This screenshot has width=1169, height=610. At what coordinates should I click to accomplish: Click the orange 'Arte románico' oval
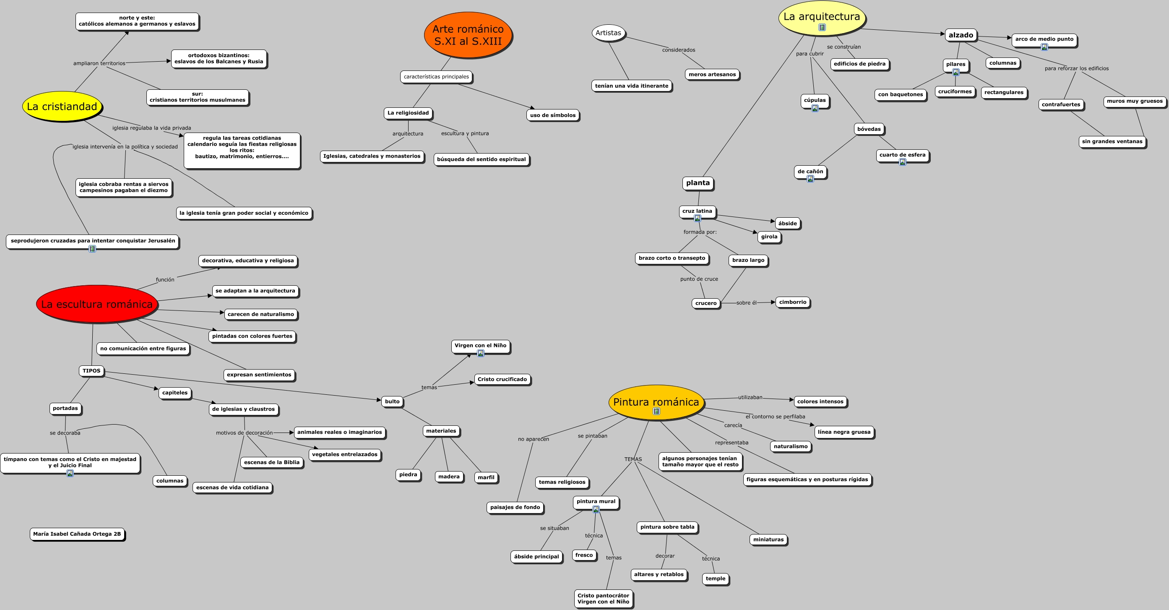pyautogui.click(x=468, y=35)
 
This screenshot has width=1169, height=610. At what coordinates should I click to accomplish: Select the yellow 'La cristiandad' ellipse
pyautogui.click(x=62, y=106)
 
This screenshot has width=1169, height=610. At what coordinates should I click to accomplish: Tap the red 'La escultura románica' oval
pyautogui.click(x=96, y=304)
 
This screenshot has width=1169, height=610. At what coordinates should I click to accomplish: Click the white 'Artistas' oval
pyautogui.click(x=608, y=33)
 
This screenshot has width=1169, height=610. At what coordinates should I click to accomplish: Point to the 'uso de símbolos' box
pyautogui.click(x=552, y=115)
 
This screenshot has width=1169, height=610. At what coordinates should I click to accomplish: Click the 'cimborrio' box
pyautogui.click(x=792, y=302)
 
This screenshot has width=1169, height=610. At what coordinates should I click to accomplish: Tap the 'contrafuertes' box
pyautogui.click(x=1060, y=104)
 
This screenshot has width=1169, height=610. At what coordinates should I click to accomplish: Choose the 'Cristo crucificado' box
pyautogui.click(x=502, y=379)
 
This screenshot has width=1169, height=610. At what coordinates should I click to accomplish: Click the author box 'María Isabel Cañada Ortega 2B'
pyautogui.click(x=77, y=534)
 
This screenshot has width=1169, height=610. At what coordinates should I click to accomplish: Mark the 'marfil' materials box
pyautogui.click(x=486, y=477)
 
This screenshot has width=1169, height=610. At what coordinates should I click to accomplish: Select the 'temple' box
pyautogui.click(x=715, y=579)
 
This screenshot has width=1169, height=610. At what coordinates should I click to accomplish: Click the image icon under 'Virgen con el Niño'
pyautogui.click(x=481, y=354)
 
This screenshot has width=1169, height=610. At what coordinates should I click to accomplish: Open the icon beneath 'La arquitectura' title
pyautogui.click(x=822, y=27)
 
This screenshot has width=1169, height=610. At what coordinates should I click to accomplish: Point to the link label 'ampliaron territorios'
pyautogui.click(x=99, y=63)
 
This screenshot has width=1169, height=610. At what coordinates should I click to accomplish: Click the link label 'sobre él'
pyautogui.click(x=746, y=303)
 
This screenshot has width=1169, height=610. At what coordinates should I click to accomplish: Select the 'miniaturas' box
pyautogui.click(x=768, y=540)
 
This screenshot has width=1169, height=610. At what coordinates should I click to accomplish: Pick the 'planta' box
pyautogui.click(x=698, y=183)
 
